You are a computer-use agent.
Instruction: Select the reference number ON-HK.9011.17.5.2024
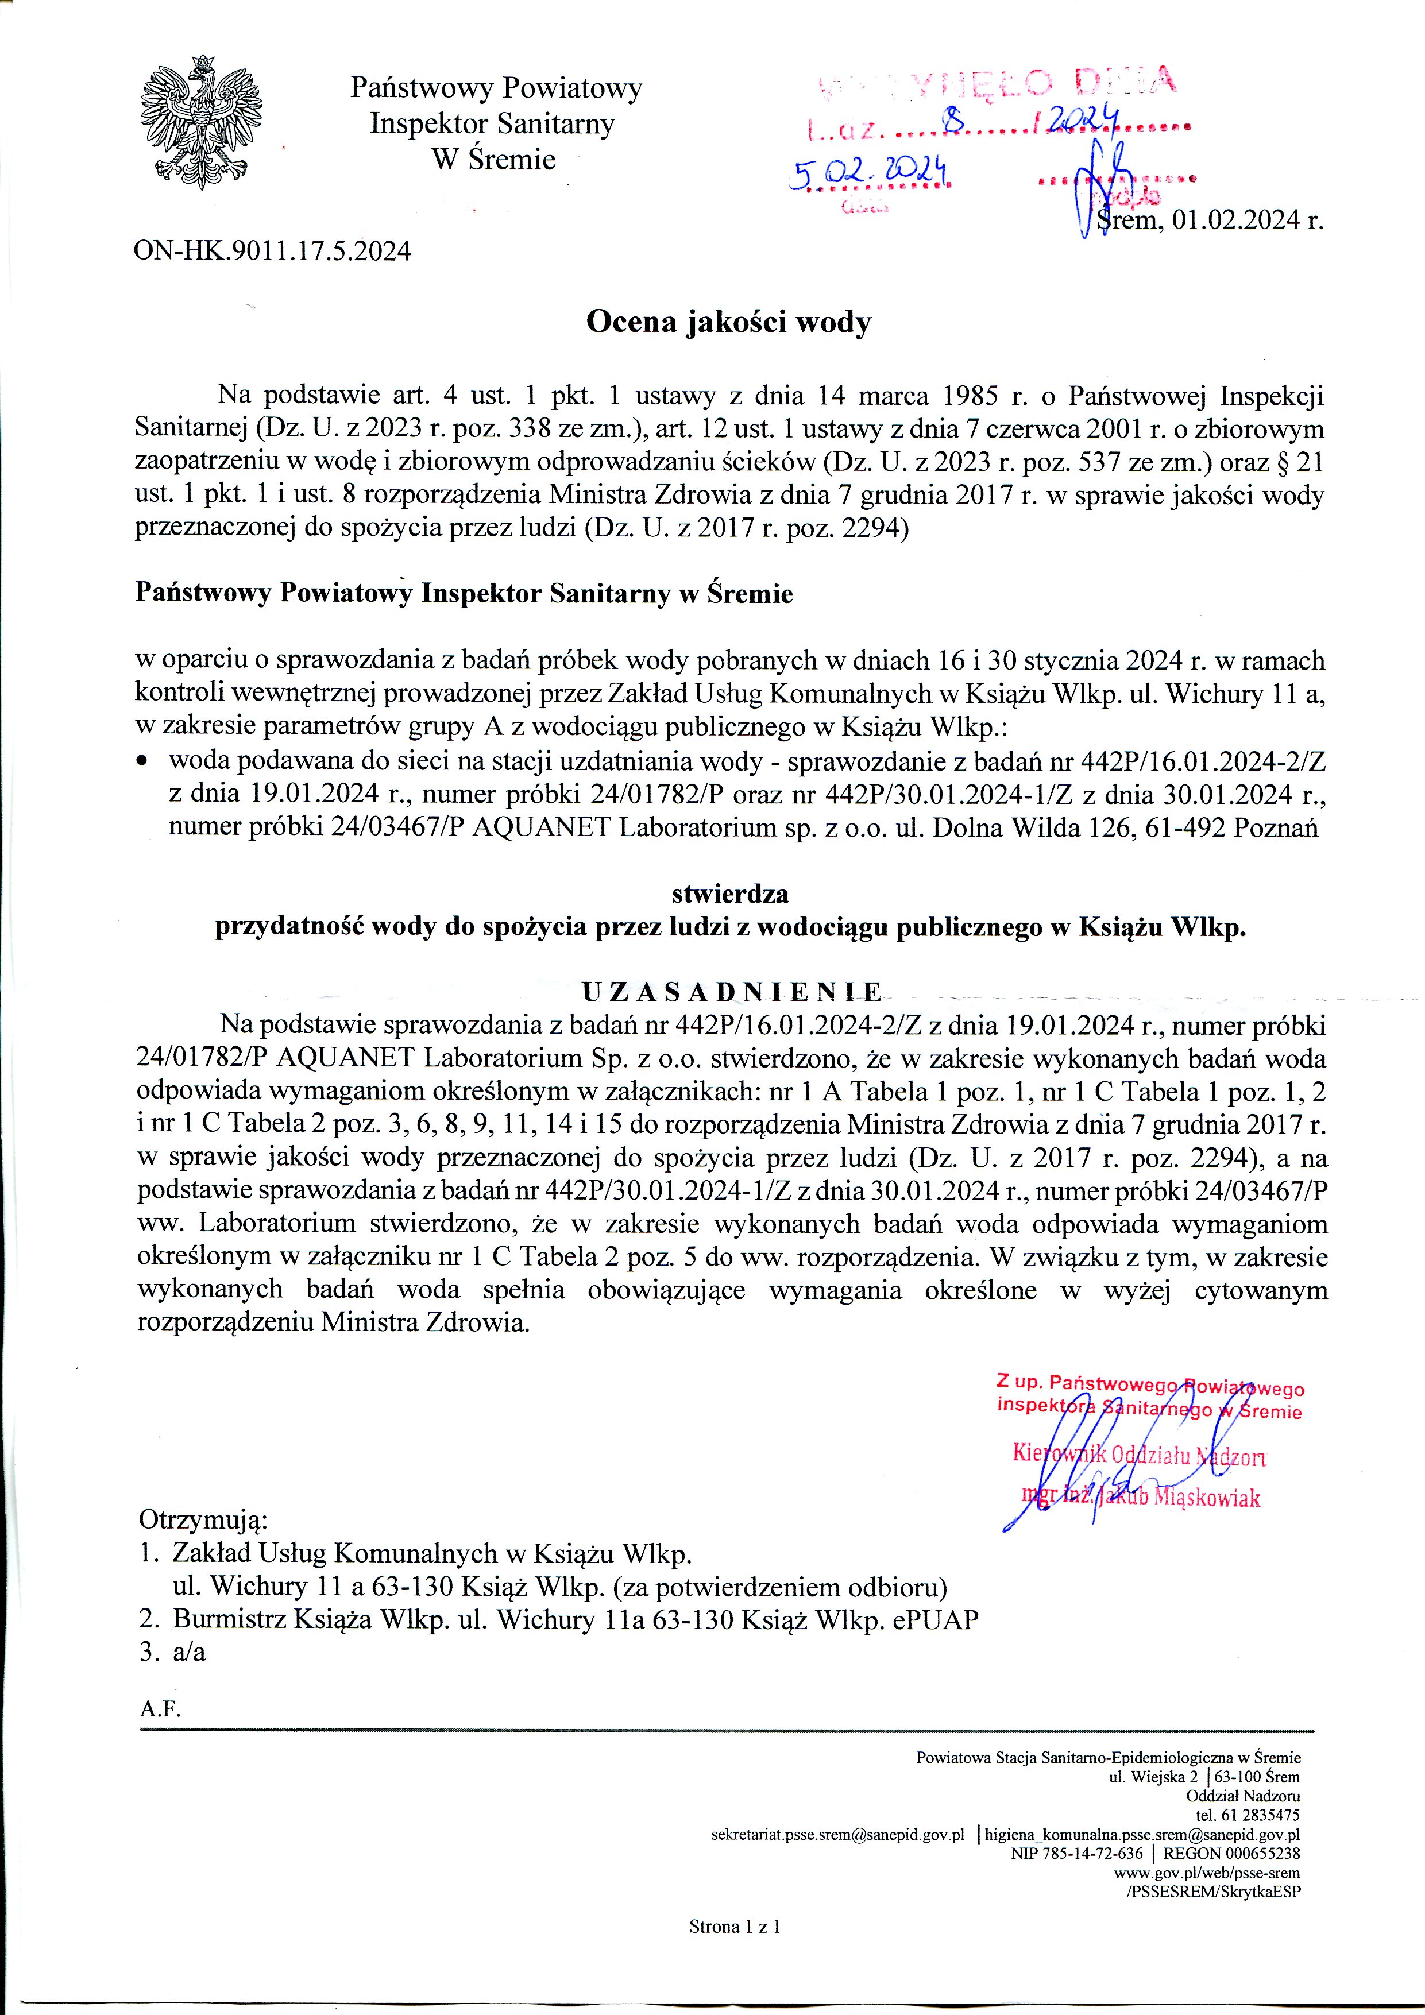coord(272,252)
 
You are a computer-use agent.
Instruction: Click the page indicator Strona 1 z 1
coord(735,1928)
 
